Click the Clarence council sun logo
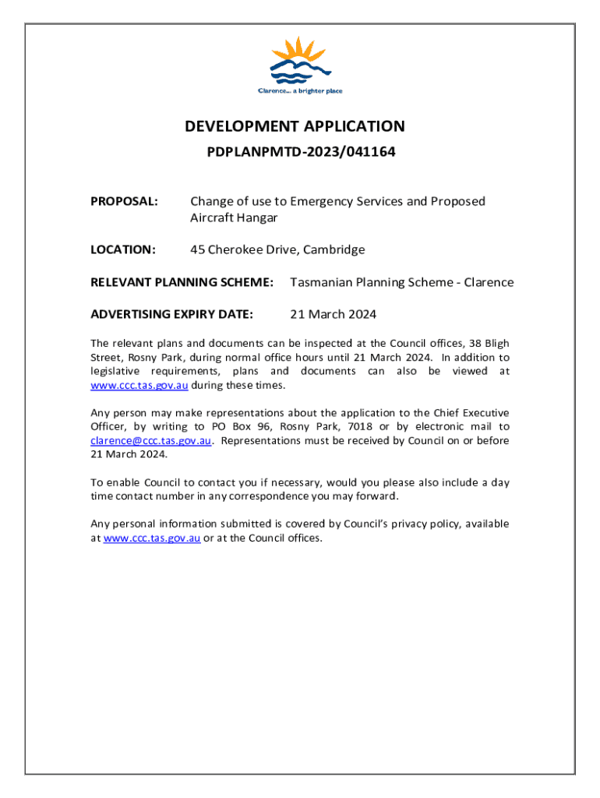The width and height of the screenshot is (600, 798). click(300, 60)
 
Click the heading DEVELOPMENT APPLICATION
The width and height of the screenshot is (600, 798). click(295, 126)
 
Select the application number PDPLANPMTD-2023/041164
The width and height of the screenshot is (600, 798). click(301, 153)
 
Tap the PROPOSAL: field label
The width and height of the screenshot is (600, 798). click(125, 202)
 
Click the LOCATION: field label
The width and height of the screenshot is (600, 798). click(123, 250)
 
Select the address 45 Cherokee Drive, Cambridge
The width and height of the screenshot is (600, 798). click(277, 250)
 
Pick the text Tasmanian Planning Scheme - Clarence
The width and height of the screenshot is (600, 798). click(401, 282)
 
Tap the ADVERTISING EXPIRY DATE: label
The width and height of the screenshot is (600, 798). click(171, 315)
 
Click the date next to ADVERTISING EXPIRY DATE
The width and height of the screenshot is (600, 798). click(333, 315)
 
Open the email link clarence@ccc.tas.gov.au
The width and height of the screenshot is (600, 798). click(151, 441)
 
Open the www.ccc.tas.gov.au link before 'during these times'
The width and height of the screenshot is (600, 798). click(139, 386)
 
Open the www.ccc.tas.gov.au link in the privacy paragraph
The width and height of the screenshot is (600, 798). click(152, 538)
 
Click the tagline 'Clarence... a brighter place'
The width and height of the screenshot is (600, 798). click(300, 91)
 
